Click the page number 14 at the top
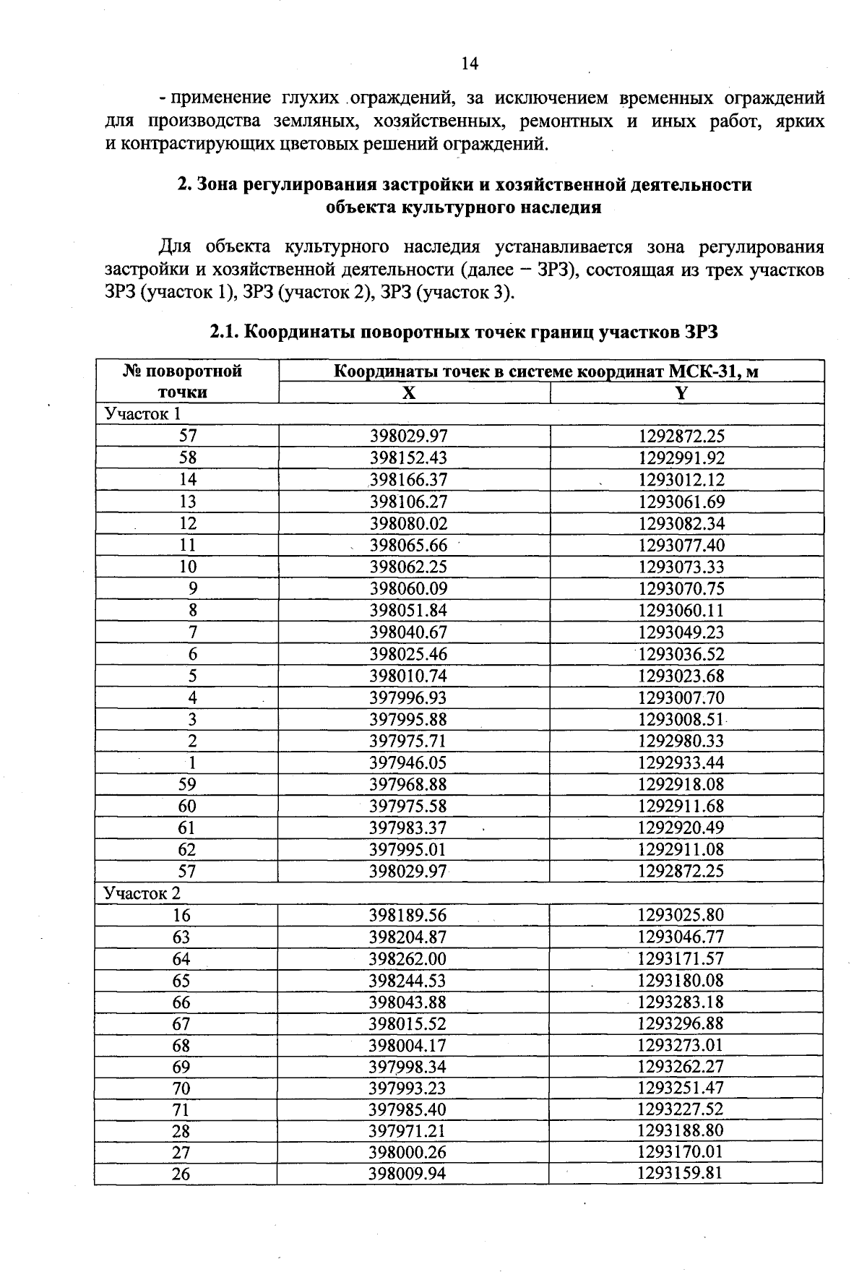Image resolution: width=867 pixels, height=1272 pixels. point(470,64)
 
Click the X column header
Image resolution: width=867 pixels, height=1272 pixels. point(409,392)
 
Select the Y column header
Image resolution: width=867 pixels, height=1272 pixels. point(681,392)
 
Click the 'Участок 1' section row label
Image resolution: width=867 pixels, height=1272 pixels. point(142,414)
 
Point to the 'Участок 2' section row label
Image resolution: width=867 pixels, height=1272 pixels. point(142,893)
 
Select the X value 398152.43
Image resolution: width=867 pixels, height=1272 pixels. point(409,458)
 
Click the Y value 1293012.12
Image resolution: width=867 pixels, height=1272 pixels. point(681,480)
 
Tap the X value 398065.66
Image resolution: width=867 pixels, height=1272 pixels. point(409,545)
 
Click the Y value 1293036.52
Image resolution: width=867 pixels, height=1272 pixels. point(681,654)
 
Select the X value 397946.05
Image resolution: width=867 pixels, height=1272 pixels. point(409,762)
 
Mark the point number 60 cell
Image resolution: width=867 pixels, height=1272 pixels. point(187,806)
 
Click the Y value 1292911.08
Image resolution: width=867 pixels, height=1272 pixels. point(681,849)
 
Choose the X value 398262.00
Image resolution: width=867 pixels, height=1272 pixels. point(408,959)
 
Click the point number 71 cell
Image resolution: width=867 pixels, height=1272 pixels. point(181,1109)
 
